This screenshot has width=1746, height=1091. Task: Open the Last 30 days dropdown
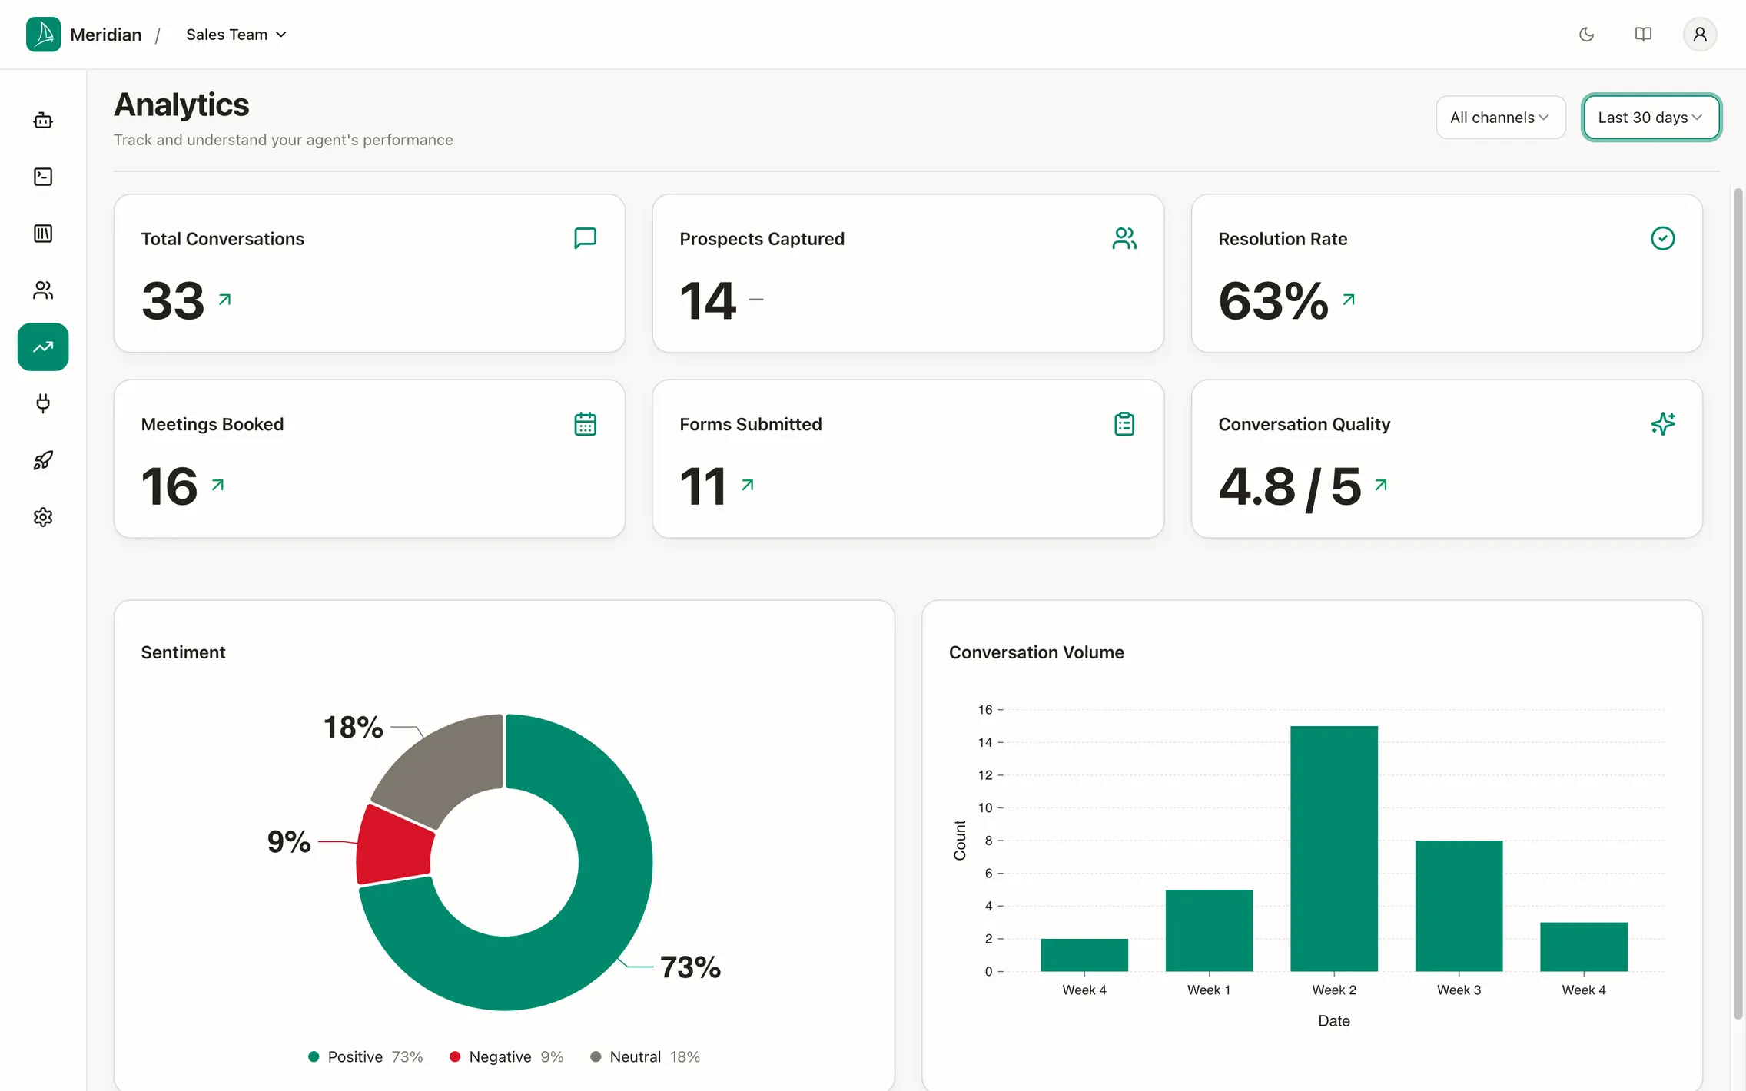pyautogui.click(x=1651, y=118)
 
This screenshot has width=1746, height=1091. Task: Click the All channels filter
pyautogui.click(x=1500, y=118)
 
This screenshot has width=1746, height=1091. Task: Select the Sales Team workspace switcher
pyautogui.click(x=236, y=35)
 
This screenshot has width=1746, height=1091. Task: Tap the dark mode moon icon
pyautogui.click(x=1586, y=35)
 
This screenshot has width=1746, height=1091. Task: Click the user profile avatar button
pyautogui.click(x=1700, y=35)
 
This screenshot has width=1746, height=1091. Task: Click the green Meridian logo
pyautogui.click(x=43, y=35)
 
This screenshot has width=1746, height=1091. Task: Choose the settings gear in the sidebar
pyautogui.click(x=43, y=517)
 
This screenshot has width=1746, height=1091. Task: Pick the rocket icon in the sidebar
pyautogui.click(x=43, y=460)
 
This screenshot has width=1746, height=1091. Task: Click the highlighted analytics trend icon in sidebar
pyautogui.click(x=43, y=347)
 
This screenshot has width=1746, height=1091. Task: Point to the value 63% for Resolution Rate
pyautogui.click(x=1273, y=300)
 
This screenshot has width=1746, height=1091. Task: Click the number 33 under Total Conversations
pyautogui.click(x=173, y=300)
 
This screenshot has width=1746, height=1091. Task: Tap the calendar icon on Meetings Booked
pyautogui.click(x=586, y=424)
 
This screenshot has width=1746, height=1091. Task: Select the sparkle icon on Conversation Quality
pyautogui.click(x=1663, y=424)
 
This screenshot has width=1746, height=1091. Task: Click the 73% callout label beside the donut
pyautogui.click(x=690, y=967)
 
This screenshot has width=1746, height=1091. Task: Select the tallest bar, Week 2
pyautogui.click(x=1334, y=848)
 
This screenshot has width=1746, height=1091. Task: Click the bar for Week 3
pyautogui.click(x=1459, y=906)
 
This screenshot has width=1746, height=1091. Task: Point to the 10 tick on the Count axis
pyautogui.click(x=985, y=807)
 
